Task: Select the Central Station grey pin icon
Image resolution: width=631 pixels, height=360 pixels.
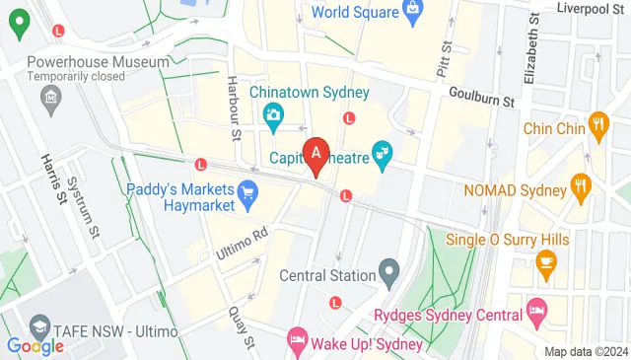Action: (x=389, y=269)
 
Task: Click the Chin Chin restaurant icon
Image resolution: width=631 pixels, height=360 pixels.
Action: (x=598, y=125)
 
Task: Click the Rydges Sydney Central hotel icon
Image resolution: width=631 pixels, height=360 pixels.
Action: (x=536, y=312)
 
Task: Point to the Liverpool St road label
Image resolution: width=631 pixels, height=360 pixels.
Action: (x=590, y=9)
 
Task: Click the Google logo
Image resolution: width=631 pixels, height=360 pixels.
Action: (x=35, y=345)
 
